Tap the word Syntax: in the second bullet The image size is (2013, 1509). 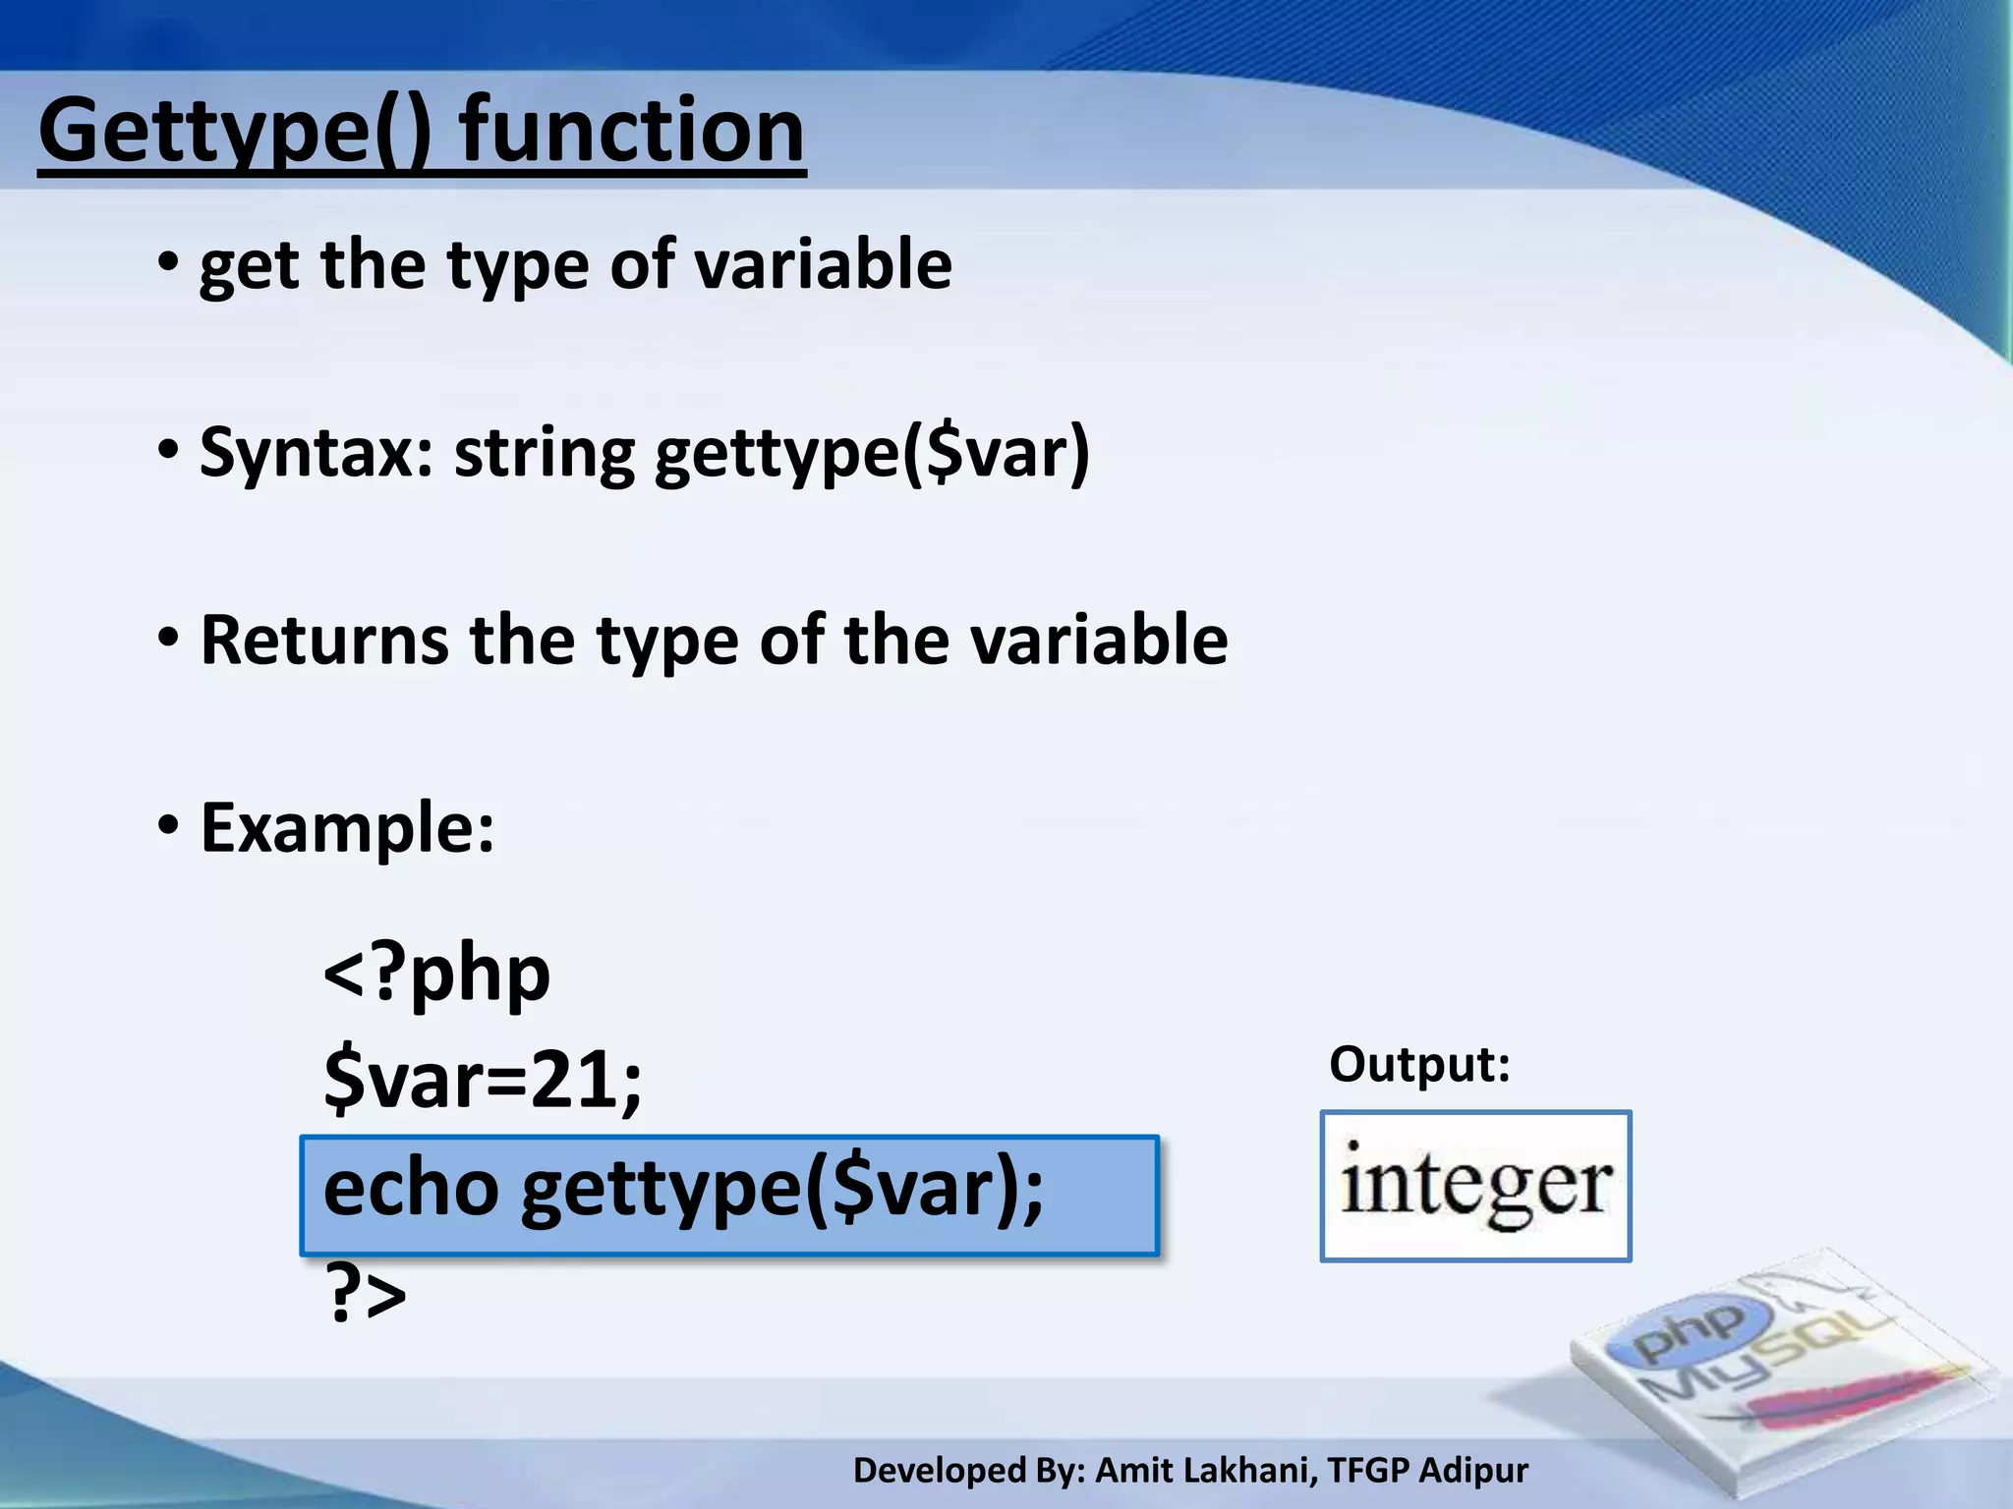point(316,453)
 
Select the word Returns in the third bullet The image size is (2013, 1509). point(324,641)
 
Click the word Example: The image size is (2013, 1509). point(347,828)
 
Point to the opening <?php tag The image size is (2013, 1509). point(436,974)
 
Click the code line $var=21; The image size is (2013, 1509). point(482,1080)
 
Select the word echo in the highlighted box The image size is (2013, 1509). point(411,1188)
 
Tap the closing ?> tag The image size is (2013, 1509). point(365,1296)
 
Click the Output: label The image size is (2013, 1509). point(1418,1064)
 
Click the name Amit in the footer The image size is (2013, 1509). point(1131,1471)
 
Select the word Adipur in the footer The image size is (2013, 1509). point(1473,1471)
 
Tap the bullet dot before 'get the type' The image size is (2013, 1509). point(168,263)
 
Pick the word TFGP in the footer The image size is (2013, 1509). point(1367,1471)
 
